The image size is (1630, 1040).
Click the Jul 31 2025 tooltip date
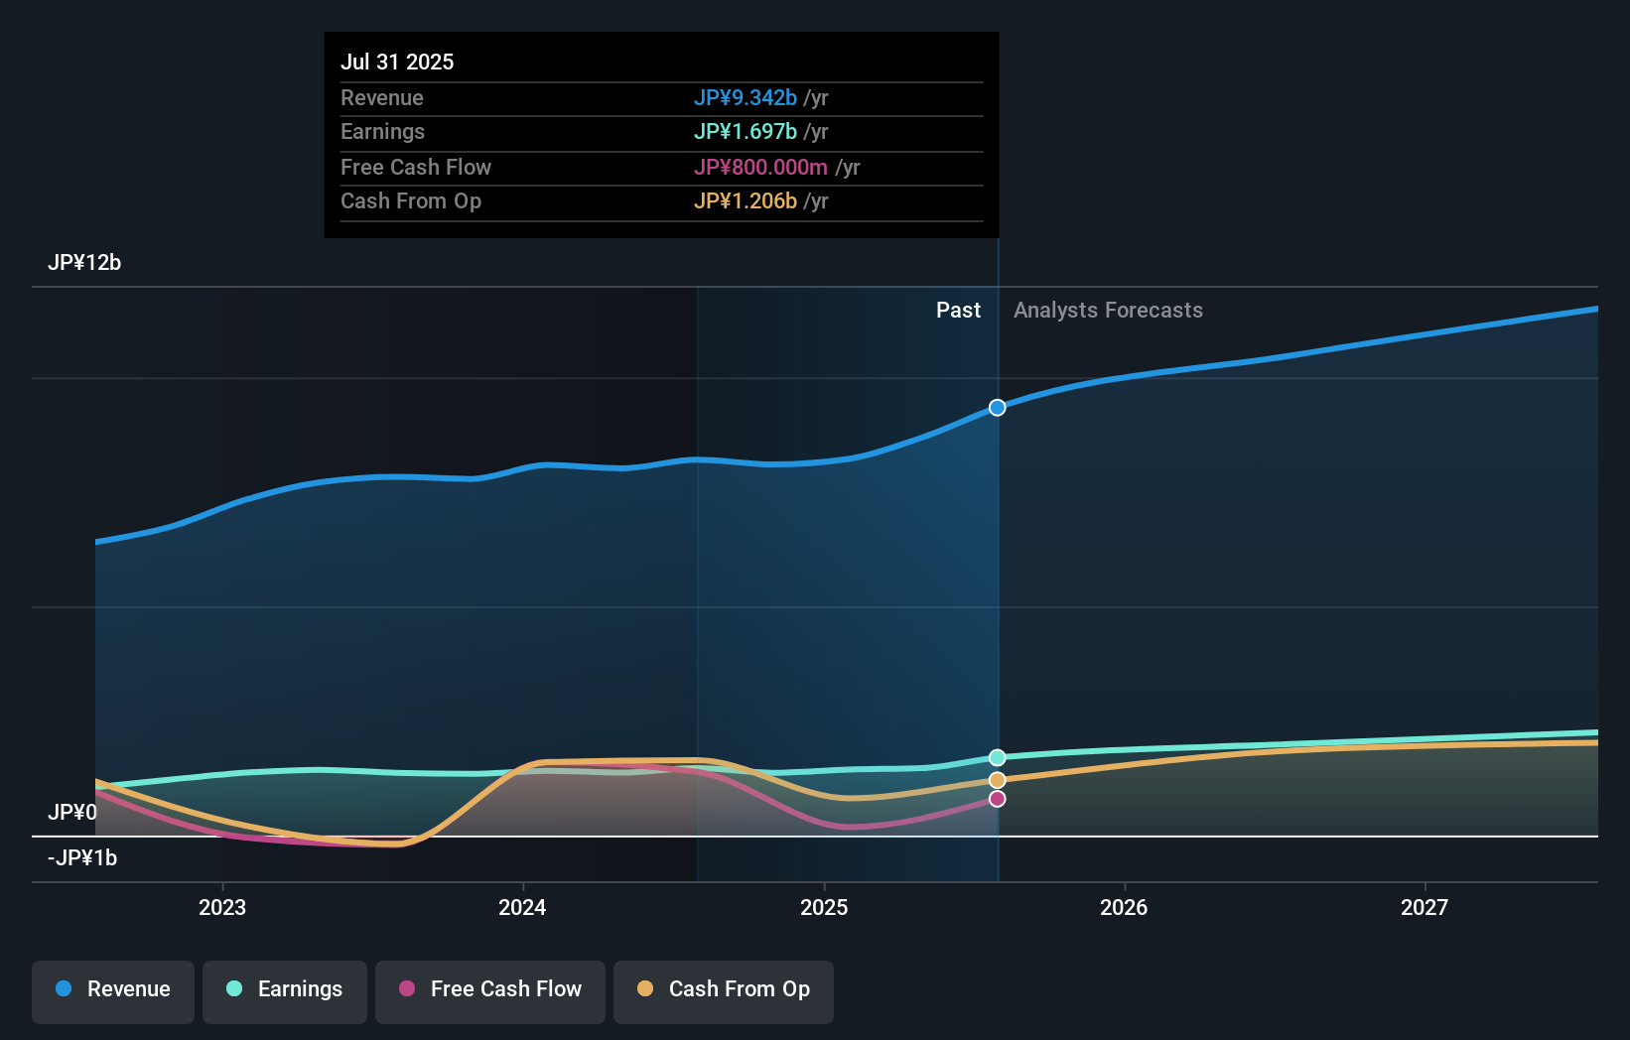point(397,62)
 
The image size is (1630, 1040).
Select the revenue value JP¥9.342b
point(745,97)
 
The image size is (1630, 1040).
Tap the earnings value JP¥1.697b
point(745,131)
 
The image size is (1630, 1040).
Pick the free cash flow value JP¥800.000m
point(760,167)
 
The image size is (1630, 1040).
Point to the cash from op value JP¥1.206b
point(745,200)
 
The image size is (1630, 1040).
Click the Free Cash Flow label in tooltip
point(415,167)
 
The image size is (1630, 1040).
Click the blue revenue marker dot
point(997,408)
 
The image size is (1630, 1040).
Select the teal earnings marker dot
point(997,758)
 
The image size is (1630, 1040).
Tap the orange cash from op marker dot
point(997,780)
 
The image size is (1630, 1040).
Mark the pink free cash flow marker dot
point(997,799)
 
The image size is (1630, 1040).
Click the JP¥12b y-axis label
point(84,262)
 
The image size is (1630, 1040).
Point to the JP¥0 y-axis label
point(71,812)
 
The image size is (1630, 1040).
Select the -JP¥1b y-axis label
point(82,857)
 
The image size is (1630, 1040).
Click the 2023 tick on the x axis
point(222,907)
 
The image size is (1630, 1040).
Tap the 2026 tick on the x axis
point(1124,907)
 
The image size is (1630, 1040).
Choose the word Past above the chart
point(958,310)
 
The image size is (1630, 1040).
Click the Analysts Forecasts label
point(1108,310)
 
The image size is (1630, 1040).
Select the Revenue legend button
point(113,989)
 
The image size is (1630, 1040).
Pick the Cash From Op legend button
point(724,989)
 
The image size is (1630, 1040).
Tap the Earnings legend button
point(285,989)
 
